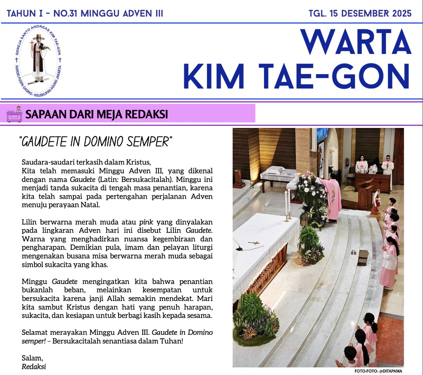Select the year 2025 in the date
pyautogui.click(x=398, y=13)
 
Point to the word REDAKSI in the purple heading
pyautogui.click(x=146, y=114)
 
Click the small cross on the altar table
pyautogui.click(x=254, y=243)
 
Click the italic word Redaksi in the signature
pyautogui.click(x=34, y=367)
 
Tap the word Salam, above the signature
pyautogui.click(x=32, y=358)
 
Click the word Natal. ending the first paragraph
pyautogui.click(x=91, y=205)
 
